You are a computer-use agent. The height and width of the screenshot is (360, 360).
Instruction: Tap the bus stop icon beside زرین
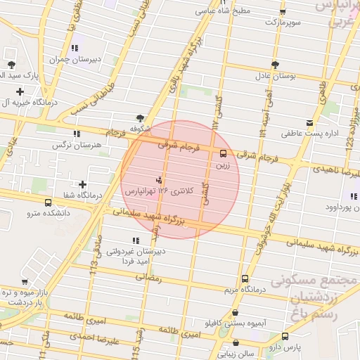224,153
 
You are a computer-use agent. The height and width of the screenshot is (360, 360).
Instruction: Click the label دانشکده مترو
49,212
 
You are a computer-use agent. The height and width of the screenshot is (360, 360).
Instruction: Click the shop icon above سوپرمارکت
282,12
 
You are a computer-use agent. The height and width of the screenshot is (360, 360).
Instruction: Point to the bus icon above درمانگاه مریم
244,278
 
